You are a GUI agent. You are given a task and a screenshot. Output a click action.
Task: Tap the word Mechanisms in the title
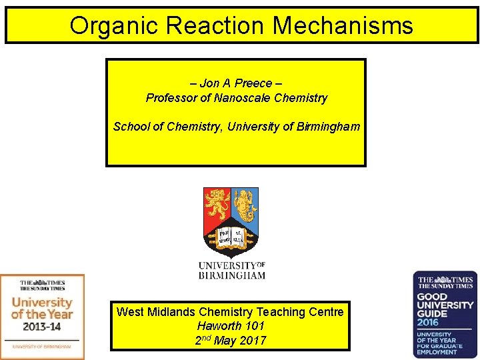point(343,26)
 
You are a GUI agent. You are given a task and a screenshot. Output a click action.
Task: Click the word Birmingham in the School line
point(326,126)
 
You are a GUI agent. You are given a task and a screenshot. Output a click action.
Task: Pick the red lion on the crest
point(217,204)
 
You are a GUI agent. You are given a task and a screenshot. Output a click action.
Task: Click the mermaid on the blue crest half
point(245,204)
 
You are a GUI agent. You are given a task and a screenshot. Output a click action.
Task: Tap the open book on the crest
point(231,236)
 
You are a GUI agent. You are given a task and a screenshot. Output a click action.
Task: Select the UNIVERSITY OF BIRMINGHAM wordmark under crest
point(231,270)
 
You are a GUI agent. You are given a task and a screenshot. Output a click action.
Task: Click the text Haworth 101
point(231,326)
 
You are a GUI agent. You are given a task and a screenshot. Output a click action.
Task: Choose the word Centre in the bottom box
point(326,311)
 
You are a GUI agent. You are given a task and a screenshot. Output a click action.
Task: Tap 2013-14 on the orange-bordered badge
point(42,327)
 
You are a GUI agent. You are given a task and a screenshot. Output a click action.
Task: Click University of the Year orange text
point(42,307)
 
